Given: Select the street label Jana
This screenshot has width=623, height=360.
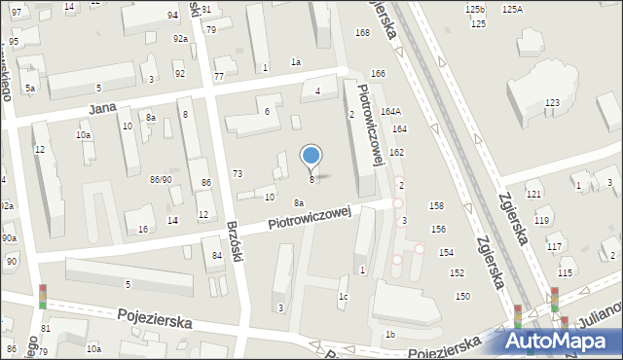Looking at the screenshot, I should (103, 109).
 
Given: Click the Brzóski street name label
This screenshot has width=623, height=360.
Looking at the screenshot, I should (234, 236).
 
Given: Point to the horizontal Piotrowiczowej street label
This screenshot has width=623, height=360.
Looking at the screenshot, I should (308, 218).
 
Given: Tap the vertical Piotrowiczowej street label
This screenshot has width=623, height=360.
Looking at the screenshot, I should (376, 122).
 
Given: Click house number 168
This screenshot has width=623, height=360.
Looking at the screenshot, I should (362, 33).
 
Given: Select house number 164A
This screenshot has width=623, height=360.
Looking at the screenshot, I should (390, 112).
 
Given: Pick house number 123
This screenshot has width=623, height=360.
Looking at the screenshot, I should (552, 103).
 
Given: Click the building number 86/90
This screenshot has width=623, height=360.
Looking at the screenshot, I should (161, 180).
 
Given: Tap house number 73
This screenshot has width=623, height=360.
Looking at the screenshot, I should (237, 173).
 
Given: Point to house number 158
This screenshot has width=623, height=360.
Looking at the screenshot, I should (436, 206).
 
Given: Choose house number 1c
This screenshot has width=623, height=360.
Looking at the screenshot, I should (343, 296).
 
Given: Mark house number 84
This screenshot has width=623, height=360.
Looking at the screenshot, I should (216, 256).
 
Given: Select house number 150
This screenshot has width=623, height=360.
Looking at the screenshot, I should (461, 296).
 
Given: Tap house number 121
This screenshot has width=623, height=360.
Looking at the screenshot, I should (533, 196).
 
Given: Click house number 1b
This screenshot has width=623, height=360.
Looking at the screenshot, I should (389, 335).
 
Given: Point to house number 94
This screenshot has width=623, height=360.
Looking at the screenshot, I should (172, 16).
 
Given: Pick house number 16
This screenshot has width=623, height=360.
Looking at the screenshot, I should (143, 229).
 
